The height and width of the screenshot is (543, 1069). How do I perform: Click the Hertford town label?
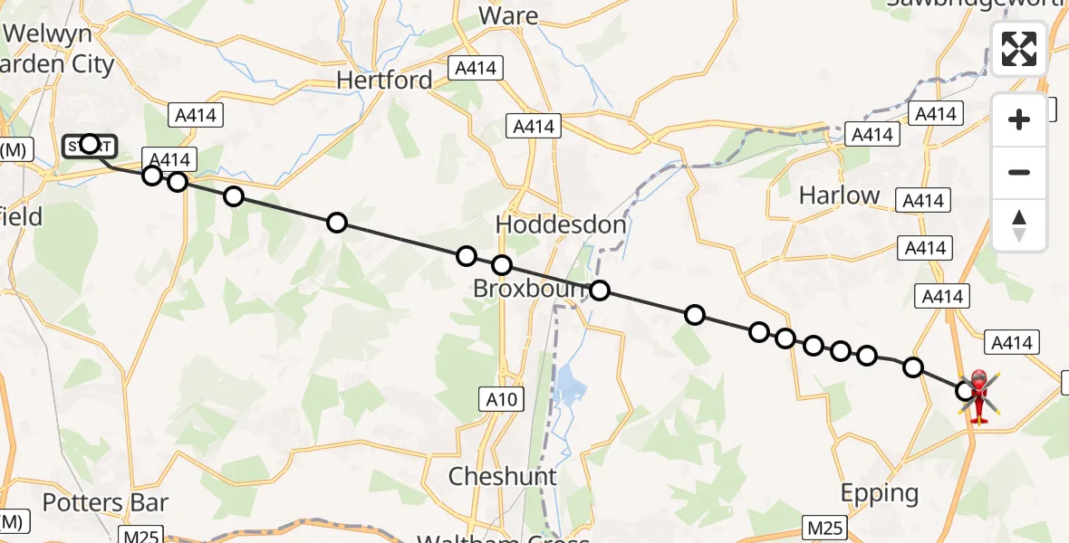point(384,81)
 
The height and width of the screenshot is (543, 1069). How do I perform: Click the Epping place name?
point(879,493)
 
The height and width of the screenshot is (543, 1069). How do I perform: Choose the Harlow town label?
point(839,195)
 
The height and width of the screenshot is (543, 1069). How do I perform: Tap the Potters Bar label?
point(105,502)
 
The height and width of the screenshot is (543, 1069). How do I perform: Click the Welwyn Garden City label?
point(59,50)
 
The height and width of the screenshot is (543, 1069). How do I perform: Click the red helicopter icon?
point(979,395)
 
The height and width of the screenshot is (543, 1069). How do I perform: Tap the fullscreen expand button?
point(1019,49)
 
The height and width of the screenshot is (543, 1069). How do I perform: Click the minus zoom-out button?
point(1019,172)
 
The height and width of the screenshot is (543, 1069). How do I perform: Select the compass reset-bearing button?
point(1019,225)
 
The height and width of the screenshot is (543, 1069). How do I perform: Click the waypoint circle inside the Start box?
point(90,144)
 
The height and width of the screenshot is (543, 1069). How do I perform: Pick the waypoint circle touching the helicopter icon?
point(965,391)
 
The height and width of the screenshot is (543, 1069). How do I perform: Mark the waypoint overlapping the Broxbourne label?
point(600,291)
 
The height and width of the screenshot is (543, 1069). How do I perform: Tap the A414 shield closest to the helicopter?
point(1012,343)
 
